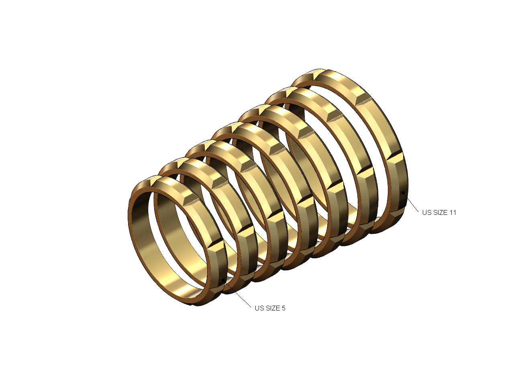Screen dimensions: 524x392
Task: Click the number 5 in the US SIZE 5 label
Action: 283,308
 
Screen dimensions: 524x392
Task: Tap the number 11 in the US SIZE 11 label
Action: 453,212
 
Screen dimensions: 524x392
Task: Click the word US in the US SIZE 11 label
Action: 426,212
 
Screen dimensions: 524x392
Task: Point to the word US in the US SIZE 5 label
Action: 259,308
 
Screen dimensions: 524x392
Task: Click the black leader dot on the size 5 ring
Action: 223,280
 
